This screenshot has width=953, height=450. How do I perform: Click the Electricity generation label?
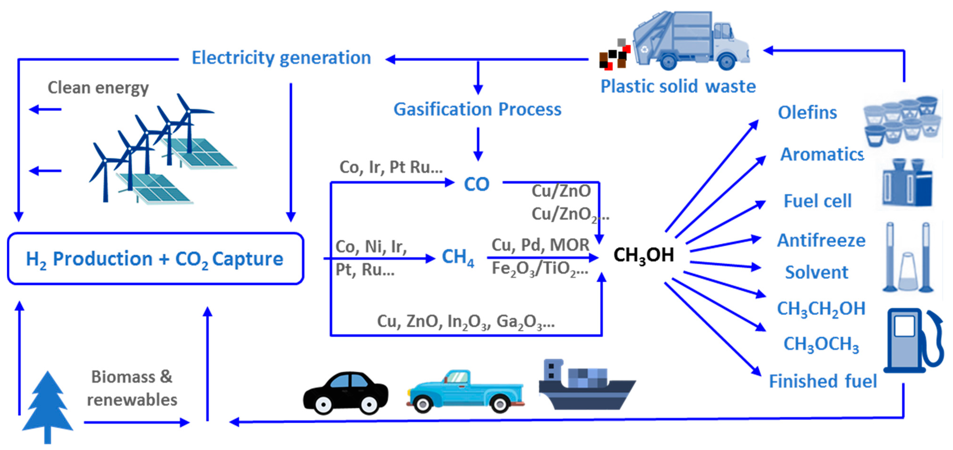click(281, 58)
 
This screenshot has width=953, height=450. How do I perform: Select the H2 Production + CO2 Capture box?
click(155, 259)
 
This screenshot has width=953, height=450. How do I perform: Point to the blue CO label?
click(476, 184)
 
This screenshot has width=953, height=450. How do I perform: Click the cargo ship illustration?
click(586, 387)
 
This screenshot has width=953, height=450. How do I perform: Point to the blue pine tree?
click(47, 407)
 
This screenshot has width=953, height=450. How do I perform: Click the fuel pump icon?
click(912, 341)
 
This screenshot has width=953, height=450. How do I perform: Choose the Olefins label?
click(807, 113)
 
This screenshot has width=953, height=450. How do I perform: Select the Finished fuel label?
click(823, 381)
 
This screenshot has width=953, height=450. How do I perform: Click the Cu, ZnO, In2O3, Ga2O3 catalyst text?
click(465, 322)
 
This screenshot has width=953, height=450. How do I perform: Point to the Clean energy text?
click(98, 88)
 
